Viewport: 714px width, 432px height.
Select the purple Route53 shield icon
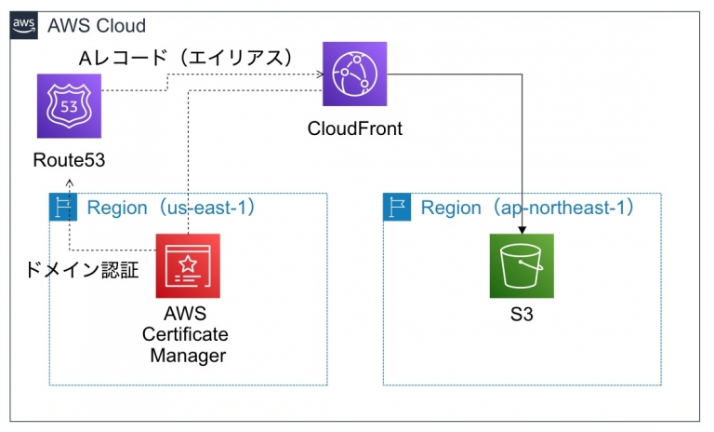point(70,106)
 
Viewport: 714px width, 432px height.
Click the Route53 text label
point(69,160)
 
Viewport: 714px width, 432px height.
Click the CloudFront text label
point(355,128)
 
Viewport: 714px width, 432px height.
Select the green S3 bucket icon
point(522,265)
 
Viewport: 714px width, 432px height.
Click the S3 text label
point(522,317)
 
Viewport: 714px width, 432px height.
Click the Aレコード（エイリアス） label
point(185,58)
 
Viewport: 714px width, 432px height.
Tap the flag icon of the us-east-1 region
point(62,207)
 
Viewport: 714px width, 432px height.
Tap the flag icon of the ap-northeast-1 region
point(397,207)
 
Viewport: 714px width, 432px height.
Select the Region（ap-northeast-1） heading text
point(527,207)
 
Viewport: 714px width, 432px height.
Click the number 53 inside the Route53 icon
point(70,106)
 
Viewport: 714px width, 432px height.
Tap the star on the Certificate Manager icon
point(188,260)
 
